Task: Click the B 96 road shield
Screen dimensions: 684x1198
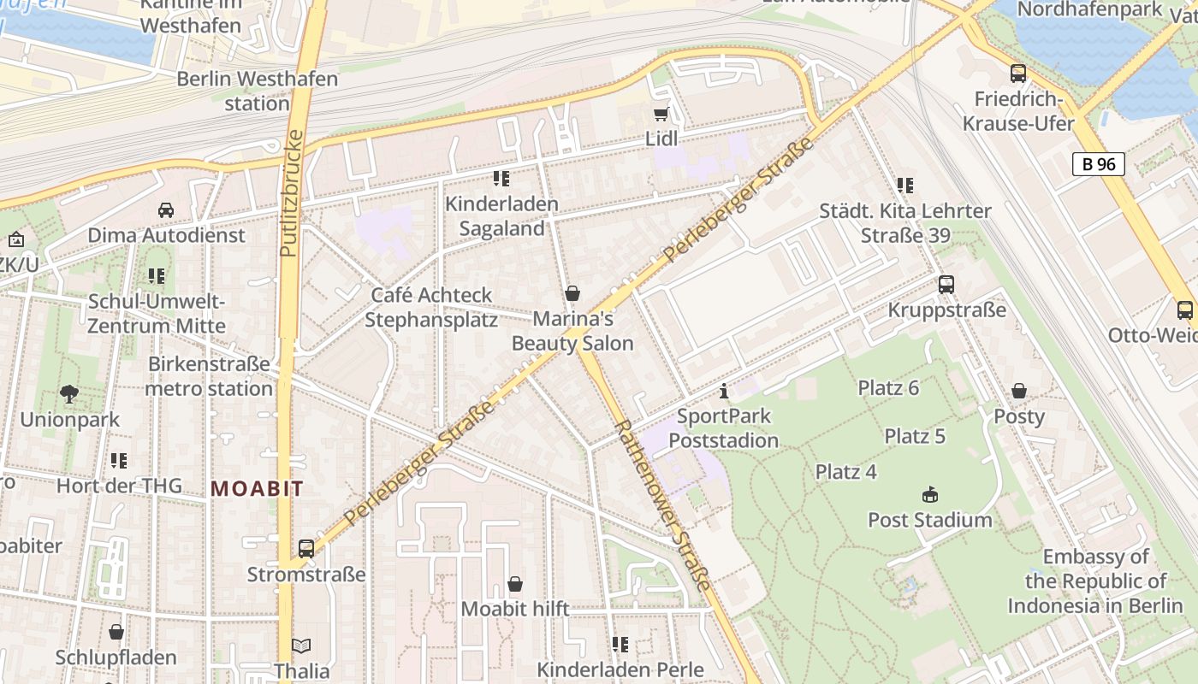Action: click(x=1098, y=164)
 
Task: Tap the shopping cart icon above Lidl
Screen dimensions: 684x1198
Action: click(x=660, y=115)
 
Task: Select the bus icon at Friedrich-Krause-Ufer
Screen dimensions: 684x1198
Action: click(x=1017, y=74)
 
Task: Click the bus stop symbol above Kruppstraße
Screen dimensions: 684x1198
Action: click(x=946, y=285)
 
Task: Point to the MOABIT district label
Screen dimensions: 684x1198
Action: click(x=257, y=489)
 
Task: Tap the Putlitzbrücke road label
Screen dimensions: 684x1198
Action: click(x=292, y=193)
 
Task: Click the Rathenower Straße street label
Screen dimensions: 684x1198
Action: click(x=662, y=504)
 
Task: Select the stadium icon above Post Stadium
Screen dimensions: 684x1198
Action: click(x=930, y=494)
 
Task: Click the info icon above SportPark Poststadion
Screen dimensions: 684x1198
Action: click(x=724, y=392)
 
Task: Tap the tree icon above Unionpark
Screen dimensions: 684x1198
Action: click(x=69, y=394)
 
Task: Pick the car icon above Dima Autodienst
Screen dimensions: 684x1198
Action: click(x=166, y=209)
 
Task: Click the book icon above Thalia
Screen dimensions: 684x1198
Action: click(x=301, y=646)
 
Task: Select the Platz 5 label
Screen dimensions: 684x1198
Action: click(x=915, y=436)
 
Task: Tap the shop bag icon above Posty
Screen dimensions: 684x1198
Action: click(x=1018, y=391)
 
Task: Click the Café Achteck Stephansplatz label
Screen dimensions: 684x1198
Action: click(x=431, y=308)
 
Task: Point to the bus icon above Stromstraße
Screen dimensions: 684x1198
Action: click(x=305, y=548)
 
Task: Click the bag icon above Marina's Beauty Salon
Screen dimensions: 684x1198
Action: click(x=572, y=294)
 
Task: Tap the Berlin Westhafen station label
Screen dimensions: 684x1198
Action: click(x=257, y=91)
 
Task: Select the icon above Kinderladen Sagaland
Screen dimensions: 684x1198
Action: click(x=501, y=179)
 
